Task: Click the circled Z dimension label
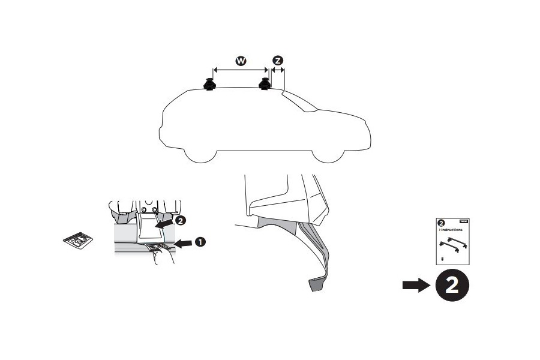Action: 277,61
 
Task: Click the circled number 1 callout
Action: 200,241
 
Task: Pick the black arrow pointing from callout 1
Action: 184,242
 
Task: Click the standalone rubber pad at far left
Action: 78,241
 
